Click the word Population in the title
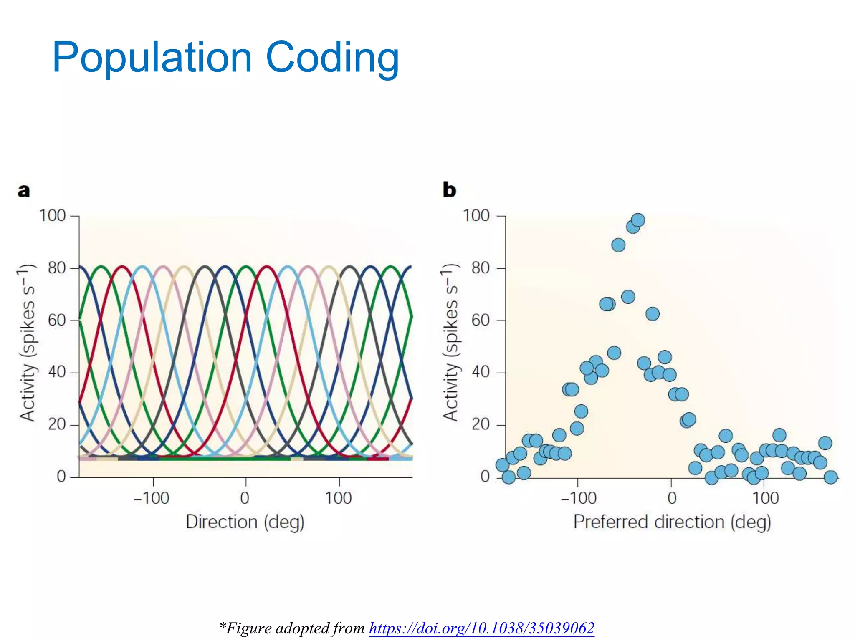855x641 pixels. tap(152, 58)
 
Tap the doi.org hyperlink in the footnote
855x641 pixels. tap(481, 628)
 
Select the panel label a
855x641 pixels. tap(24, 190)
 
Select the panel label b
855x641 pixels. tap(449, 190)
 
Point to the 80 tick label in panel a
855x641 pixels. tap(57, 268)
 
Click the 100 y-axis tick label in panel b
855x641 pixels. tap(476, 216)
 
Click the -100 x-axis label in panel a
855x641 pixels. tap(151, 498)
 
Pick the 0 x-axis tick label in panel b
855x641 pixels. tap(672, 498)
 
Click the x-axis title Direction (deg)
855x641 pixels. tap(245, 522)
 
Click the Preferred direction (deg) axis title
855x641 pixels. tap(672, 522)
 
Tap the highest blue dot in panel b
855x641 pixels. tap(638, 220)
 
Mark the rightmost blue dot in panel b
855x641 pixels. tap(831, 477)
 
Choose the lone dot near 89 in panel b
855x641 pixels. tap(618, 245)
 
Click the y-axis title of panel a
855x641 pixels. tap(28, 342)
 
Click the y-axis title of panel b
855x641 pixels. tap(451, 342)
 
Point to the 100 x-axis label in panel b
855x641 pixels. tap(765, 498)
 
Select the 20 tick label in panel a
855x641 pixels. tap(57, 424)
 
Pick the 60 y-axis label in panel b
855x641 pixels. tap(481, 320)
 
